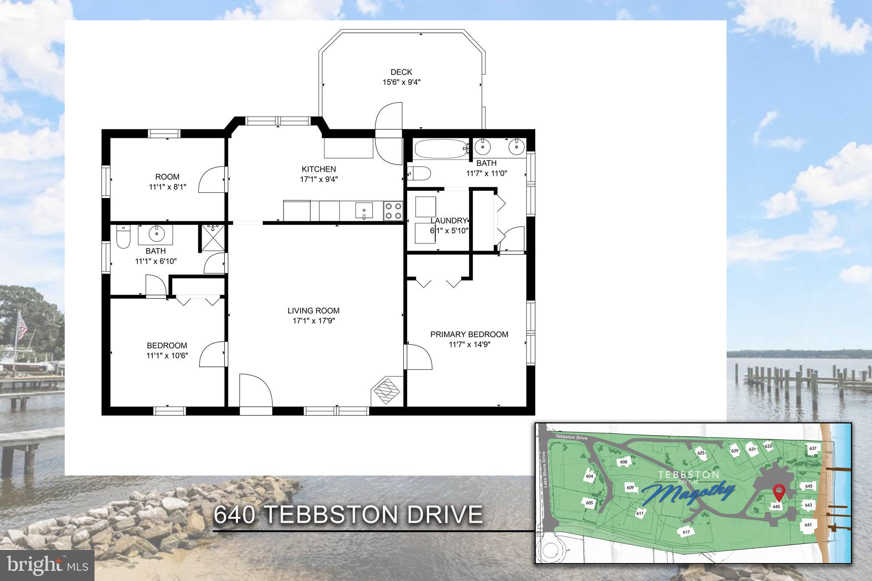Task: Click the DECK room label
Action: click(401, 72)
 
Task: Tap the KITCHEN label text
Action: click(318, 169)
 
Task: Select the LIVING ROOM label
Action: click(313, 311)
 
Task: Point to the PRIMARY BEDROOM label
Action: click(469, 334)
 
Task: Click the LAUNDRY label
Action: click(448, 220)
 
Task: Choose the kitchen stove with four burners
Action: click(393, 211)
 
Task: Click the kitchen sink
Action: click(364, 211)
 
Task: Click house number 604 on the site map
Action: click(589, 476)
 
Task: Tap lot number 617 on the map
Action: click(686, 532)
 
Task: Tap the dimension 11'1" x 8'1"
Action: click(167, 186)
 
